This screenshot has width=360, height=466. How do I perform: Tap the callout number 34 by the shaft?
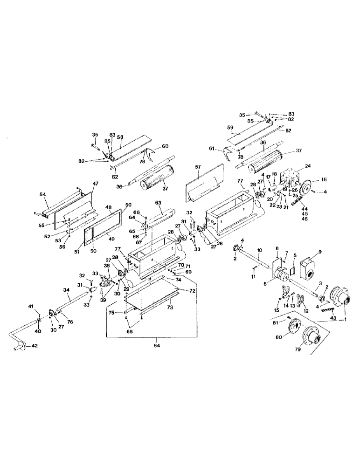coord(66,289)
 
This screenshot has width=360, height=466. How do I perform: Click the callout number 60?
coord(164,146)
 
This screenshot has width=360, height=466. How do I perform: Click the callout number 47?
coord(97,185)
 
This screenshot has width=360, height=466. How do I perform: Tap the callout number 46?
coord(305,218)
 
